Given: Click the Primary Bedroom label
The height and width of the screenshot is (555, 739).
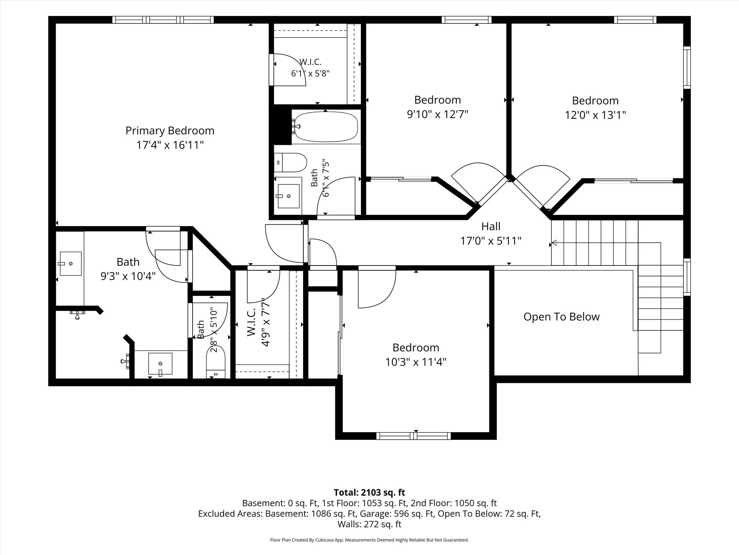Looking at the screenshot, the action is pyautogui.click(x=170, y=131).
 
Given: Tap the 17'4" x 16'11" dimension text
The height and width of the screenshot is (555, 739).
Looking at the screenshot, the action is pyautogui.click(x=170, y=145).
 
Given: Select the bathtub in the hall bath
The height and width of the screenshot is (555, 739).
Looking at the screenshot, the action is pyautogui.click(x=326, y=127).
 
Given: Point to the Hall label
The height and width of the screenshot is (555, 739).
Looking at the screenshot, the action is pyautogui.click(x=491, y=226).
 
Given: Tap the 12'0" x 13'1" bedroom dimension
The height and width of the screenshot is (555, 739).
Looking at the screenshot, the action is pyautogui.click(x=595, y=115).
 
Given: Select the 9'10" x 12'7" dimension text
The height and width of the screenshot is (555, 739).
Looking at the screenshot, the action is pyautogui.click(x=437, y=114).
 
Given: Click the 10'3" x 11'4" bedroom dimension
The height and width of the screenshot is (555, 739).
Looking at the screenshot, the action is pyautogui.click(x=416, y=362).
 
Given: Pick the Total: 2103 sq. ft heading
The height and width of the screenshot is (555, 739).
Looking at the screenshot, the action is pyautogui.click(x=369, y=492).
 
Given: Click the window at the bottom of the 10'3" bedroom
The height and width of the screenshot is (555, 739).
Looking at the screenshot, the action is pyautogui.click(x=414, y=436).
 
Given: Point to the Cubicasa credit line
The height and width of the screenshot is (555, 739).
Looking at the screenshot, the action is pyautogui.click(x=369, y=540).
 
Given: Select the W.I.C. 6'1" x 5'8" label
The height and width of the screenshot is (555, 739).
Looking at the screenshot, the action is pyautogui.click(x=310, y=68).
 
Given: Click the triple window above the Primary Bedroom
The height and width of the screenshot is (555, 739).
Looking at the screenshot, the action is pyautogui.click(x=163, y=20).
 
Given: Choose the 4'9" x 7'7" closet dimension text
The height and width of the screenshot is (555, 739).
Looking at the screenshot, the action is pyautogui.click(x=266, y=322).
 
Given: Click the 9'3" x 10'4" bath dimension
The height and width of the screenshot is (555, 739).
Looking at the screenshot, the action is pyautogui.click(x=128, y=276).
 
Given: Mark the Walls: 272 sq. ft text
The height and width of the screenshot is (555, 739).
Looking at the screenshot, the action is pyautogui.click(x=369, y=524).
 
